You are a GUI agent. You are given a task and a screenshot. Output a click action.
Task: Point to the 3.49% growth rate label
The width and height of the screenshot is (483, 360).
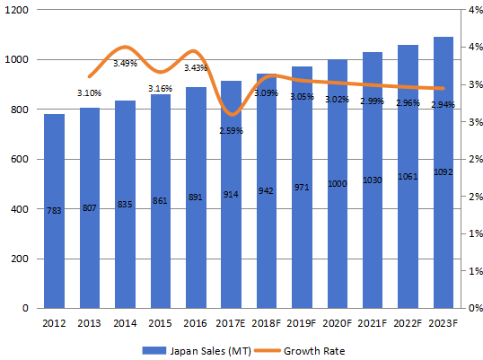126,63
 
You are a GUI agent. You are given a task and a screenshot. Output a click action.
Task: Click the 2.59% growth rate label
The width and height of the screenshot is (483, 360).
232,131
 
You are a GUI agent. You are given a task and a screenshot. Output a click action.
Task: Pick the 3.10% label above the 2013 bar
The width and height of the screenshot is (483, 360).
90,92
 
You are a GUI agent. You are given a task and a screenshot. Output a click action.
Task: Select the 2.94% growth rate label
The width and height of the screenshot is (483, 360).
443,105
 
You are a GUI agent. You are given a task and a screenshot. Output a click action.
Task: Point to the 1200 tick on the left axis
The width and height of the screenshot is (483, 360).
17,10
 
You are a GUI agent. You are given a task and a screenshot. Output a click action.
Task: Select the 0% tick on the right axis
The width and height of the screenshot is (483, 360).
473,308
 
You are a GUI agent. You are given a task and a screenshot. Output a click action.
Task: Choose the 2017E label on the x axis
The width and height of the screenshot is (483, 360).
231,323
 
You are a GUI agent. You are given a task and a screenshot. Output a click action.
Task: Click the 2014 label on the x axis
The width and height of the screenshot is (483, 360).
125,323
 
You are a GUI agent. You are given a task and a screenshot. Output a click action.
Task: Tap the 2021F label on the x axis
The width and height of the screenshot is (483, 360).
372,323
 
